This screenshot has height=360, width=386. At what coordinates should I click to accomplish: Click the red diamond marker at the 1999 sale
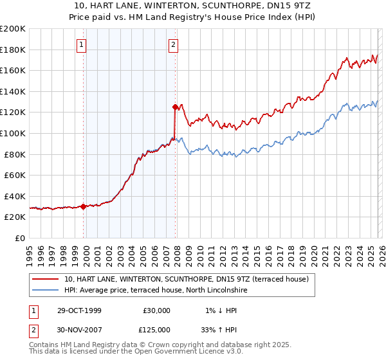pyautogui.click(x=84, y=206)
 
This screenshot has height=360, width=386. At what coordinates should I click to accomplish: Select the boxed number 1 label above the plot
pyautogui.click(x=83, y=45)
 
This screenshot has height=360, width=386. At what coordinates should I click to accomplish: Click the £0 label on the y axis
pyautogui.click(x=21, y=238)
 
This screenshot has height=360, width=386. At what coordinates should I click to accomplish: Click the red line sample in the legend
pyautogui.click(x=45, y=279)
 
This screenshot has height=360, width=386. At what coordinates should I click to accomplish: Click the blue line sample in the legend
pyautogui.click(x=45, y=291)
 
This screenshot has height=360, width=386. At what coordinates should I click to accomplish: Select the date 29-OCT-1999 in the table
pyautogui.click(x=79, y=310)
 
